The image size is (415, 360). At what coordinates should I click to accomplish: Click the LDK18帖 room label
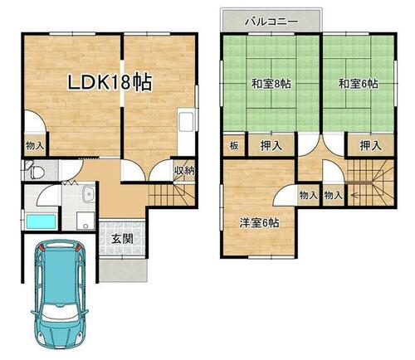pyautogui.click(x=110, y=82)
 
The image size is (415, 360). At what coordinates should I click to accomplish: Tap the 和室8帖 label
pyautogui.click(x=271, y=84)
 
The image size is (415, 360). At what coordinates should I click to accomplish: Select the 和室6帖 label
pyautogui.click(x=359, y=84)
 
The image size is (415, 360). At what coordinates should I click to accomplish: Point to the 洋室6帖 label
pyautogui.click(x=259, y=223)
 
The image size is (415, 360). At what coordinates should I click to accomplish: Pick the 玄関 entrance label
pyautogui.click(x=122, y=239)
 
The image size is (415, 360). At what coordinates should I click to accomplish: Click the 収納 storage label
pyautogui.click(x=184, y=171)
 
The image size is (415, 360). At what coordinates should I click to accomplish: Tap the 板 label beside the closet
pyautogui.click(x=234, y=145)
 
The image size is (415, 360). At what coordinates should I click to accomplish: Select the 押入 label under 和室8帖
pyautogui.click(x=271, y=145)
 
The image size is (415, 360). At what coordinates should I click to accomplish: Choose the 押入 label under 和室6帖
pyautogui.click(x=370, y=145)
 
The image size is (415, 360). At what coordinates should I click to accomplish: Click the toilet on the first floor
pyautogui.click(x=36, y=171)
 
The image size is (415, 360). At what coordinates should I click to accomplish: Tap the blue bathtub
pyautogui.click(x=41, y=221)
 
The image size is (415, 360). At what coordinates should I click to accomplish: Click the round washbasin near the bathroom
pyautogui.click(x=89, y=193)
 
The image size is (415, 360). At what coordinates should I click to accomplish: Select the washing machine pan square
pyautogui.click(x=85, y=221)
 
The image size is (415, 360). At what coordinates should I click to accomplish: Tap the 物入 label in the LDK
pyautogui.click(x=35, y=145)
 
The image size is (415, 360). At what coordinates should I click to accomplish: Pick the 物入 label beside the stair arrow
pyautogui.click(x=333, y=196)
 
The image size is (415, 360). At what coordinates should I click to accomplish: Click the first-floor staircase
pyautogui.click(x=172, y=195)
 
